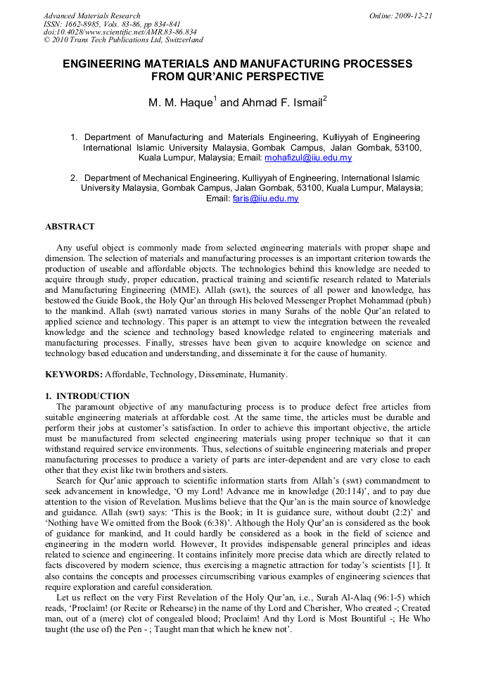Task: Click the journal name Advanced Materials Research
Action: pos(91,15)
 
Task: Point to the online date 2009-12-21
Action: pos(415,15)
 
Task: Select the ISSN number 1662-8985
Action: pos(82,24)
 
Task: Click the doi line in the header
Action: pos(120,32)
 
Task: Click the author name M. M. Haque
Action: pos(179,103)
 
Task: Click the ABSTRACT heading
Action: pos(70,227)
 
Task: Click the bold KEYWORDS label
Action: pos(74,374)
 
